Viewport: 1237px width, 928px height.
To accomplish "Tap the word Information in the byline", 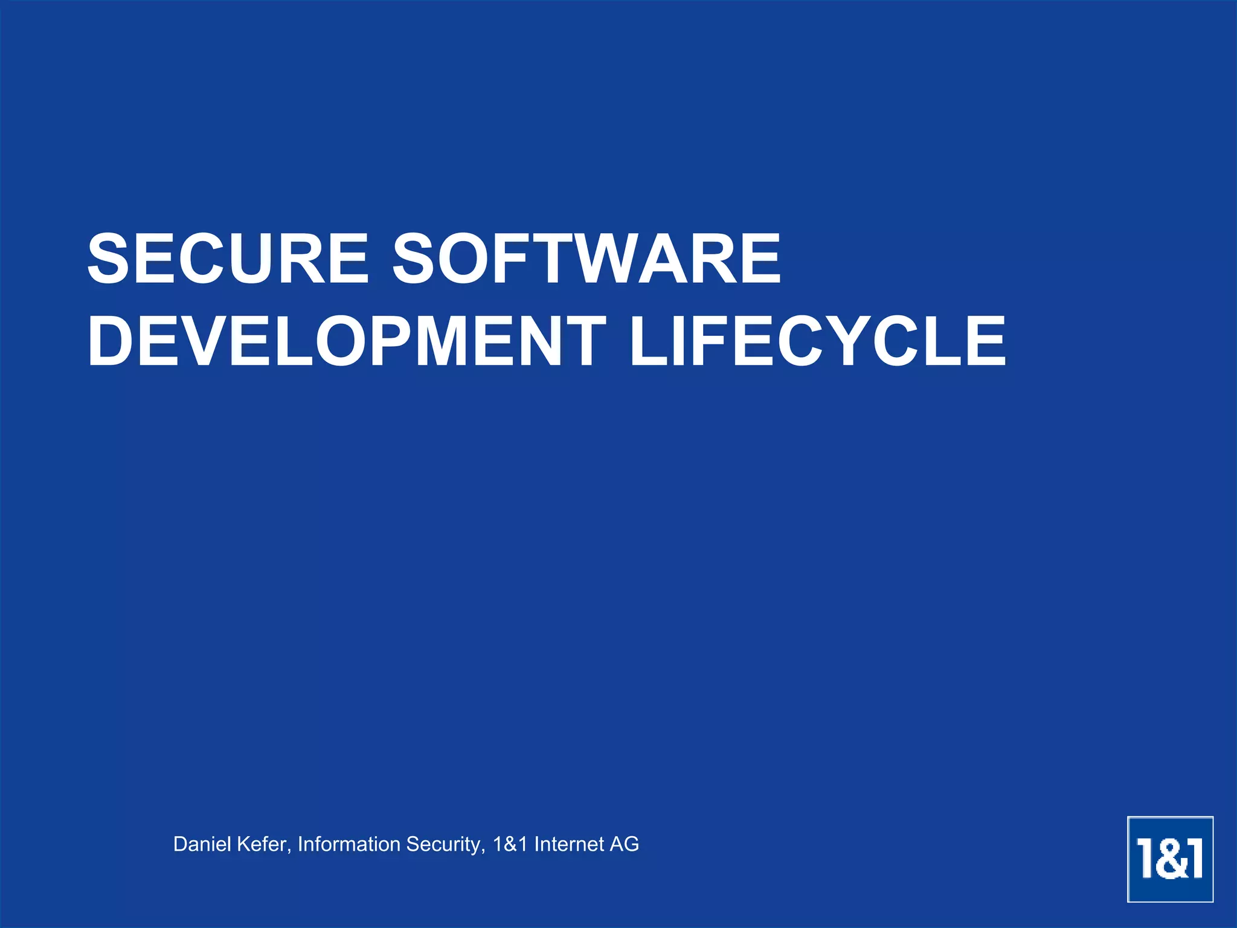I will point(349,844).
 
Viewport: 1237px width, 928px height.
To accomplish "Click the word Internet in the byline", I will point(569,844).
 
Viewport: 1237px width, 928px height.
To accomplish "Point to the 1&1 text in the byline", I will point(510,844).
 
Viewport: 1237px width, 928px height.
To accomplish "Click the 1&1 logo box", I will point(1170,859).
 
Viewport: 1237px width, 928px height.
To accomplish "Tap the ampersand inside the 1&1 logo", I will point(1170,859).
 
